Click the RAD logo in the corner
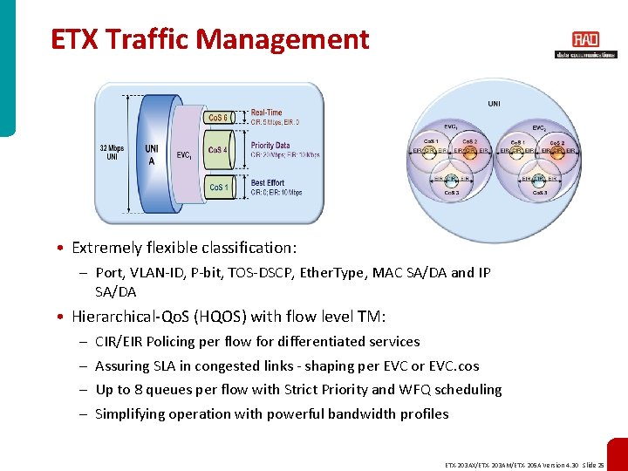[x=585, y=40]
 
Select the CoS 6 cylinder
[x=217, y=118]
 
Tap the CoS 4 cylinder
[x=217, y=150]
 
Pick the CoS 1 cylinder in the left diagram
[x=217, y=188]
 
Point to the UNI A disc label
[x=152, y=154]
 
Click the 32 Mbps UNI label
[x=112, y=153]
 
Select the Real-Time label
[x=266, y=113]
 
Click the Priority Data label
[x=270, y=146]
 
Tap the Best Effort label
[x=269, y=183]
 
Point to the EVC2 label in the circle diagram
[x=540, y=128]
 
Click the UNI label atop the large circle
[x=495, y=104]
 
